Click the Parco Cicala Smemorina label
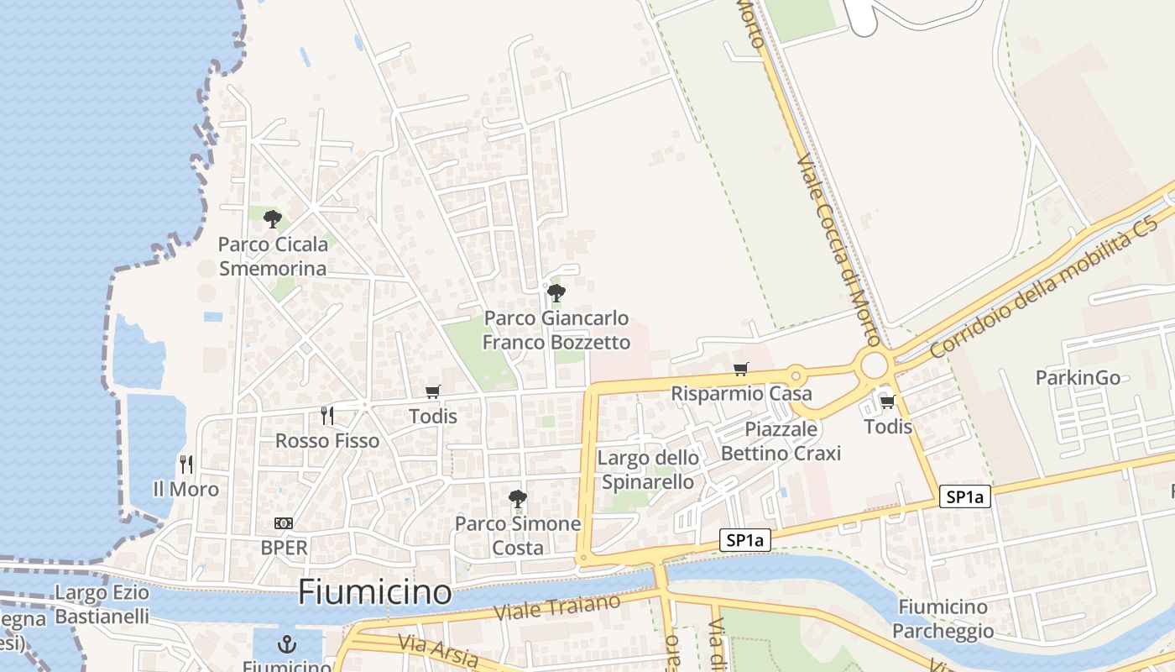click(272, 256)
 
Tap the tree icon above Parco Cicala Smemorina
click(272, 219)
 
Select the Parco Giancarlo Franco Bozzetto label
click(556, 330)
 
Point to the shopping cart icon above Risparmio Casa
click(740, 370)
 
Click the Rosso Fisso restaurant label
click(327, 441)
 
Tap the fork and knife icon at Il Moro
click(185, 464)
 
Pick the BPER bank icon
click(284, 523)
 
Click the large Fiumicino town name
click(375, 592)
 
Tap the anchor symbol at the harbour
click(288, 645)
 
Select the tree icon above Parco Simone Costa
click(518, 499)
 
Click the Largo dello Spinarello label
click(648, 470)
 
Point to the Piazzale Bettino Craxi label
click(781, 441)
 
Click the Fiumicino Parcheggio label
click(943, 618)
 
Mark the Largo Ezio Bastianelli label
click(102, 605)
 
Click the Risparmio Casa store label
click(741, 393)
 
